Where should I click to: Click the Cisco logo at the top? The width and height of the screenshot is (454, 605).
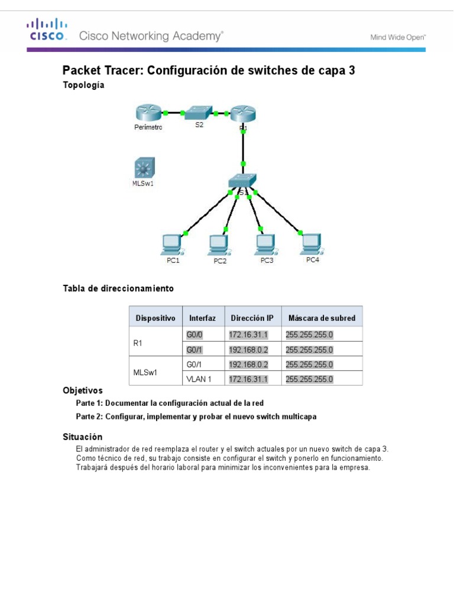46,30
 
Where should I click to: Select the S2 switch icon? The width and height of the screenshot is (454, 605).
199,112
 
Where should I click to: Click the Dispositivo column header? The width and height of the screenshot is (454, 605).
155,318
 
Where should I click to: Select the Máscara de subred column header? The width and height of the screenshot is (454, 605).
321,318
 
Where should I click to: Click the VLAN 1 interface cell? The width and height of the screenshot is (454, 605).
199,379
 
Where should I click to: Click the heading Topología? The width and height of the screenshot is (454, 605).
83,85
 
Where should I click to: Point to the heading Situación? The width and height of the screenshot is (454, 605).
83,437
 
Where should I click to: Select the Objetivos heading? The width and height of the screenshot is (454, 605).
83,391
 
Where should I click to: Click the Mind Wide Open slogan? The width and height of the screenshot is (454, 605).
398,37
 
